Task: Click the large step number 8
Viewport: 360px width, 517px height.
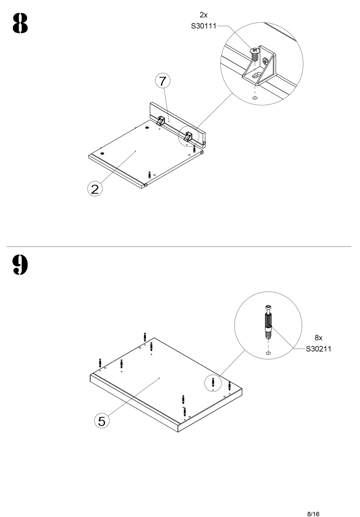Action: click(x=20, y=23)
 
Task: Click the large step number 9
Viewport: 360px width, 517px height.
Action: click(x=20, y=264)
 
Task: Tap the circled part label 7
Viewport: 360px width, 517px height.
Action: click(x=163, y=81)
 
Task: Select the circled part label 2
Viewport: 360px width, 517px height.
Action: click(x=95, y=189)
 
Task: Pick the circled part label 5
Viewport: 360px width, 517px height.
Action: click(x=102, y=421)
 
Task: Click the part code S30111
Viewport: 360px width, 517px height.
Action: click(x=203, y=26)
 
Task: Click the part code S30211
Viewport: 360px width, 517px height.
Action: click(x=318, y=349)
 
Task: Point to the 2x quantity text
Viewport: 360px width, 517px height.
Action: click(x=203, y=15)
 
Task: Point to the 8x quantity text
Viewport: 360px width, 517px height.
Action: click(x=318, y=338)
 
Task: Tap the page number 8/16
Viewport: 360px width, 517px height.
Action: click(x=313, y=504)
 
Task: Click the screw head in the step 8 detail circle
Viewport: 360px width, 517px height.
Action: click(x=254, y=50)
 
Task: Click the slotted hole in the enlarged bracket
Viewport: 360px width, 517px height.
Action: click(x=256, y=76)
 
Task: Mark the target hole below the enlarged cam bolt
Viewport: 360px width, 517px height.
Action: click(x=269, y=353)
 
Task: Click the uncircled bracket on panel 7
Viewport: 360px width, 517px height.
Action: click(x=161, y=121)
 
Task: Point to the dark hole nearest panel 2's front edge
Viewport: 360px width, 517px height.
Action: click(x=102, y=154)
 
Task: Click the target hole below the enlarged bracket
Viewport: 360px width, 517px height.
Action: click(x=255, y=98)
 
